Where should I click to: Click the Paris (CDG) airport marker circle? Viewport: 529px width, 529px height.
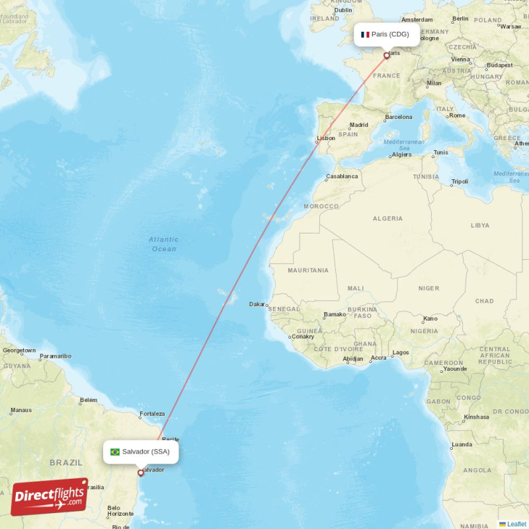tap(387, 56)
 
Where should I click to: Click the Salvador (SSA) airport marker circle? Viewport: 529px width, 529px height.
tap(140, 473)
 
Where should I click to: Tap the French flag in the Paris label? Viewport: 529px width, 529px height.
tap(365, 34)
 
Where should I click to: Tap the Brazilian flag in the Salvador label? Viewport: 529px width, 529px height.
tap(115, 452)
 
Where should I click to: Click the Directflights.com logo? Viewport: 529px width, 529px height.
tap(50, 497)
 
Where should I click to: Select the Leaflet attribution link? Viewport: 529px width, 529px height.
tap(516, 524)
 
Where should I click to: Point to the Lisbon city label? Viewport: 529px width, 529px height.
tap(326, 139)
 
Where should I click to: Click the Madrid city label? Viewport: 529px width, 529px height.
tap(359, 125)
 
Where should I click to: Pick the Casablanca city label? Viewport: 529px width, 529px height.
tap(342, 177)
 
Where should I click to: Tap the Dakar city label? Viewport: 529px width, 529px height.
tap(257, 304)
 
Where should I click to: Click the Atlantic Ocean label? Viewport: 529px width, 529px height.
tap(163, 244)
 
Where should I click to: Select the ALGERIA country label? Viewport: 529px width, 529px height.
tap(387, 218)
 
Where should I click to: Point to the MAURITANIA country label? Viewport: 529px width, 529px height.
tap(308, 270)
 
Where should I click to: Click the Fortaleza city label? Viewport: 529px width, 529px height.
tap(151, 415)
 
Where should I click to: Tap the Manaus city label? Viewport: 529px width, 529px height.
tap(20, 410)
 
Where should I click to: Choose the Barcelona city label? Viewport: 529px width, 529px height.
tap(399, 117)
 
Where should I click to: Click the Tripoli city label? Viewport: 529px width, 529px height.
tap(460, 181)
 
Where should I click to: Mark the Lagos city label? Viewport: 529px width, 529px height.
tap(401, 352)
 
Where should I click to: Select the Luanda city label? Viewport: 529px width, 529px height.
tap(462, 444)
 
